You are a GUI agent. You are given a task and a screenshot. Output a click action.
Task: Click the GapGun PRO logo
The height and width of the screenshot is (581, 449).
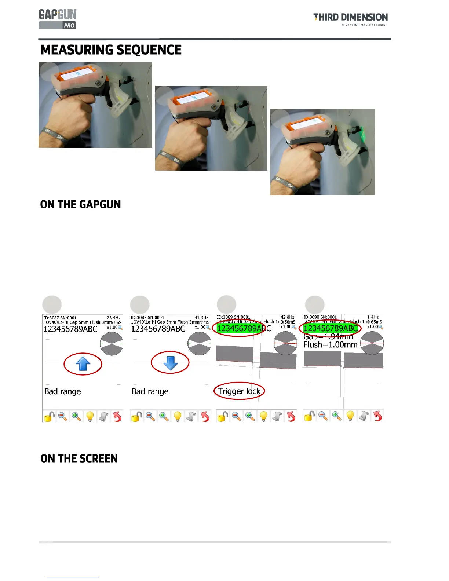click(58, 19)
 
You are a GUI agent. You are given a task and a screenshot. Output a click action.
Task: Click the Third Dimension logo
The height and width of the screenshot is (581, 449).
click(350, 19)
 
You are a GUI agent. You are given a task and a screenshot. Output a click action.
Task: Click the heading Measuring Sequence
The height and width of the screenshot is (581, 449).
click(111, 50)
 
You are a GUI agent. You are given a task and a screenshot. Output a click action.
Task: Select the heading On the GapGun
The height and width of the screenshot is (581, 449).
click(80, 204)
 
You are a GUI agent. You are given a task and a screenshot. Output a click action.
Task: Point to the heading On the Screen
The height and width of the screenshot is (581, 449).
click(79, 458)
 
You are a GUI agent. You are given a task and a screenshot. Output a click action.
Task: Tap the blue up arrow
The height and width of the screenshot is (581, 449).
click(83, 363)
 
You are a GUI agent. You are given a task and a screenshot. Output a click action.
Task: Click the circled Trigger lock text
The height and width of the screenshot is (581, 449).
click(239, 391)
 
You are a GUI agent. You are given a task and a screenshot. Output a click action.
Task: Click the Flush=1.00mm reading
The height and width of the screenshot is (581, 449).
click(330, 345)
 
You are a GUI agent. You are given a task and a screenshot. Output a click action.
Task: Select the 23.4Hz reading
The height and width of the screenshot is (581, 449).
click(114, 318)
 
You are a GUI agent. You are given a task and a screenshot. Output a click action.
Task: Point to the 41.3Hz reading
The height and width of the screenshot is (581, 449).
click(201, 317)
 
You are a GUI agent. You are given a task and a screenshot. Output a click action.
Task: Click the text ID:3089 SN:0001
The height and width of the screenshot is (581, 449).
click(234, 317)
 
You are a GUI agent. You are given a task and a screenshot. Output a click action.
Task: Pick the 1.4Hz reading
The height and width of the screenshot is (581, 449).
click(373, 317)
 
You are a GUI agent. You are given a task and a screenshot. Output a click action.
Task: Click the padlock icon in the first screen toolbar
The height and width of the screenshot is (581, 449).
click(49, 416)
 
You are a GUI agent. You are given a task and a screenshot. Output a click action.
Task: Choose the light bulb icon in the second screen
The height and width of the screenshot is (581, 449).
click(178, 416)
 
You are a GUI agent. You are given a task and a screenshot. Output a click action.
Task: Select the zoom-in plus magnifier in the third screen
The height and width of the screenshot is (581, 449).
click(250, 416)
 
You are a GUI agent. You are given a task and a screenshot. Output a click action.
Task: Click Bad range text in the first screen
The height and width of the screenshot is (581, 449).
click(63, 391)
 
